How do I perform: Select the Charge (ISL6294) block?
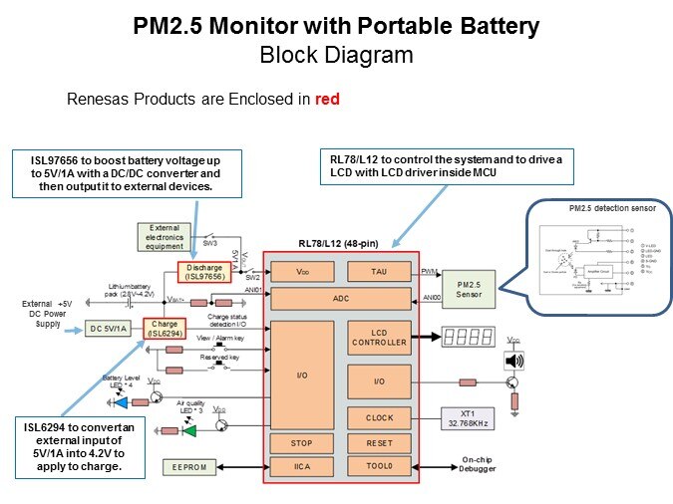tap(166, 328)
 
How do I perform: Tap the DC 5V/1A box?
tap(110, 329)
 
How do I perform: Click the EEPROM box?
tap(189, 467)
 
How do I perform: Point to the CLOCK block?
tap(380, 418)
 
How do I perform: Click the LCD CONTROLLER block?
tap(380, 337)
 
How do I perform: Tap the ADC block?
tap(340, 298)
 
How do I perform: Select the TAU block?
tap(380, 271)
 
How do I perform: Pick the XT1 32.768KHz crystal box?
tap(468, 418)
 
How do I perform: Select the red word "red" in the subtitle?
tap(329, 100)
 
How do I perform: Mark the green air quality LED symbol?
tap(188, 430)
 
